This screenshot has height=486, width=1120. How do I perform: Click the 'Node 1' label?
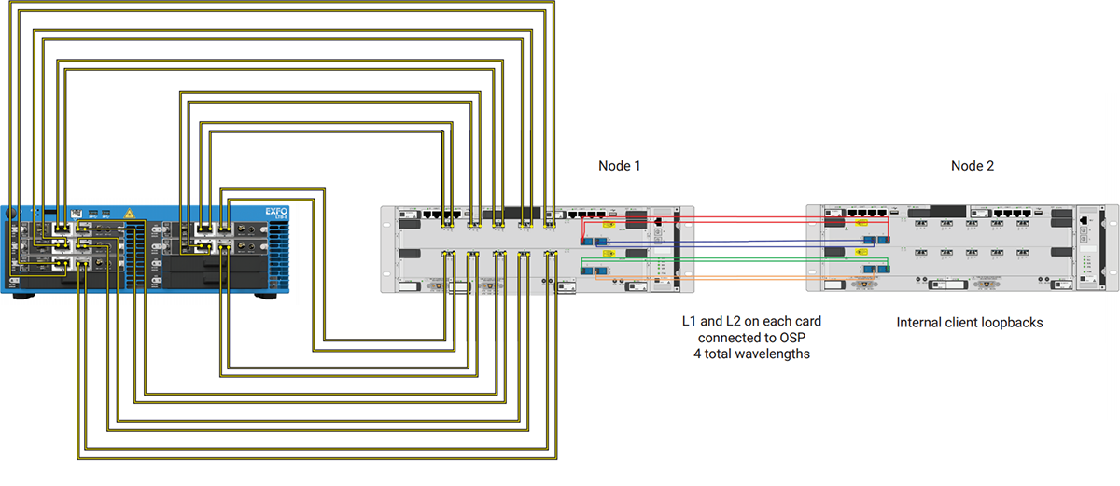pyautogui.click(x=619, y=166)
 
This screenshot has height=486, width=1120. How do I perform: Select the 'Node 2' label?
pyautogui.click(x=972, y=166)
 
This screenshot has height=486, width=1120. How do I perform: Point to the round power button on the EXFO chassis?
pyautogui.click(x=13, y=215)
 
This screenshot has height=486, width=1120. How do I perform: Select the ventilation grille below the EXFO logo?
pyautogui.click(x=276, y=252)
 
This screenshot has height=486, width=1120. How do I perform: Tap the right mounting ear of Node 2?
pyautogui.click(x=1111, y=249)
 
